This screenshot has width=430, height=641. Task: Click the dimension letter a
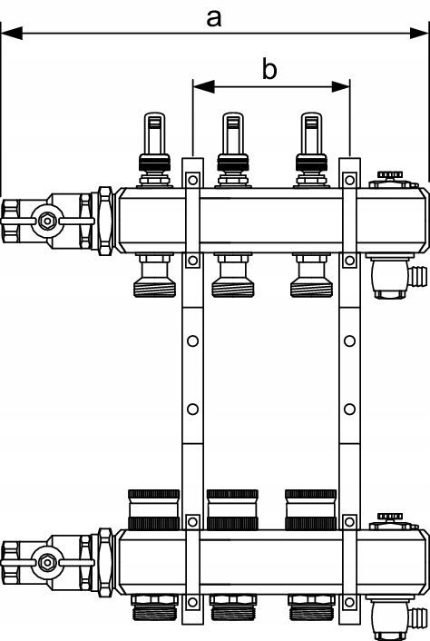tap(214, 19)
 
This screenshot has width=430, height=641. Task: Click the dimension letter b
tap(269, 69)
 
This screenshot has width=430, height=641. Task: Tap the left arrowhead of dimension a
tap(12, 33)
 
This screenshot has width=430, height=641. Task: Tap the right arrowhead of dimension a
tap(419, 33)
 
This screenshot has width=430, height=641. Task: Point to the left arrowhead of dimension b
tap(203, 86)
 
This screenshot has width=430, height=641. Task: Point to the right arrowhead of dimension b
tap(340, 86)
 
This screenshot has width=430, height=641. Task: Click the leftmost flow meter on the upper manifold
tap(155, 150)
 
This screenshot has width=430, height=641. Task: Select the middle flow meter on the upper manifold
tap(233, 150)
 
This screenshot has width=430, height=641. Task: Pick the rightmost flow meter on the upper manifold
tap(311, 150)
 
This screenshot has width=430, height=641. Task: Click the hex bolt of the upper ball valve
tap(47, 222)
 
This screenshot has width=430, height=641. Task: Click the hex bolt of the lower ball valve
tap(47, 563)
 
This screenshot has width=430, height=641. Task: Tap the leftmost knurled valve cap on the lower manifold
tap(153, 509)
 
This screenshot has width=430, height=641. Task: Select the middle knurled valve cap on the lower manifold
tap(232, 509)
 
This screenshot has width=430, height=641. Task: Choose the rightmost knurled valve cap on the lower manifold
tap(311, 509)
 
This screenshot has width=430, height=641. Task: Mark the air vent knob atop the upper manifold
tap(390, 175)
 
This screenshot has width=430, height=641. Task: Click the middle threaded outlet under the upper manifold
tap(232, 275)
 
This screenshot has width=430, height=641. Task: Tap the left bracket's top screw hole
tap(192, 180)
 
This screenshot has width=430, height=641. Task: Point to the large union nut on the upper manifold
tap(105, 222)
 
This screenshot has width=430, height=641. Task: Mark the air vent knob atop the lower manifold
tap(390, 518)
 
